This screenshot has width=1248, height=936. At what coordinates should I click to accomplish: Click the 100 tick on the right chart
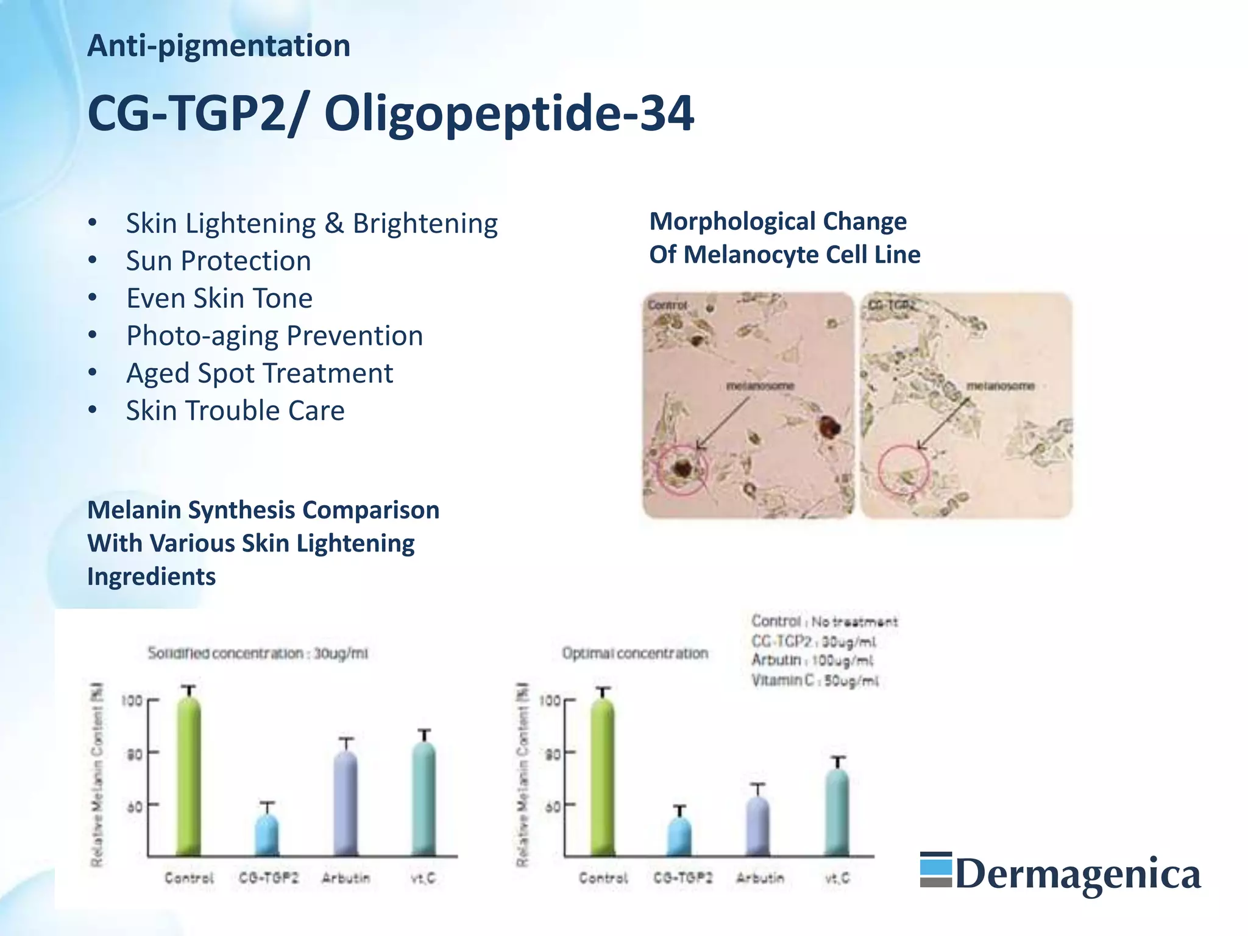point(550,700)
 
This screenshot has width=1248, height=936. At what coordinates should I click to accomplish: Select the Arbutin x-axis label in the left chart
point(346,878)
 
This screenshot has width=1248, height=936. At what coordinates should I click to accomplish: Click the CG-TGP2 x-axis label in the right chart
point(682,878)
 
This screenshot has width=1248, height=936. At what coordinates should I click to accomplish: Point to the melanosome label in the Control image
point(760,386)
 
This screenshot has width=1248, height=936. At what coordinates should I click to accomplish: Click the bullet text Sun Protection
point(218,261)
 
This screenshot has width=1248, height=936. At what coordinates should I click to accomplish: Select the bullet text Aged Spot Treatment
point(260,373)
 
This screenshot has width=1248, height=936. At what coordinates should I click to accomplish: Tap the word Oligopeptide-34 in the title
point(509,113)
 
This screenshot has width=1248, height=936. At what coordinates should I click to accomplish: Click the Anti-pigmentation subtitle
point(219,46)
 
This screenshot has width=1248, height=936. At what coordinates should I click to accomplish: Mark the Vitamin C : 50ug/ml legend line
point(814,681)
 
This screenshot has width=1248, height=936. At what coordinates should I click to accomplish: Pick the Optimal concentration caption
point(635,653)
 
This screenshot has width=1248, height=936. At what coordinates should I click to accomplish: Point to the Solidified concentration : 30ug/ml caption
point(258,653)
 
